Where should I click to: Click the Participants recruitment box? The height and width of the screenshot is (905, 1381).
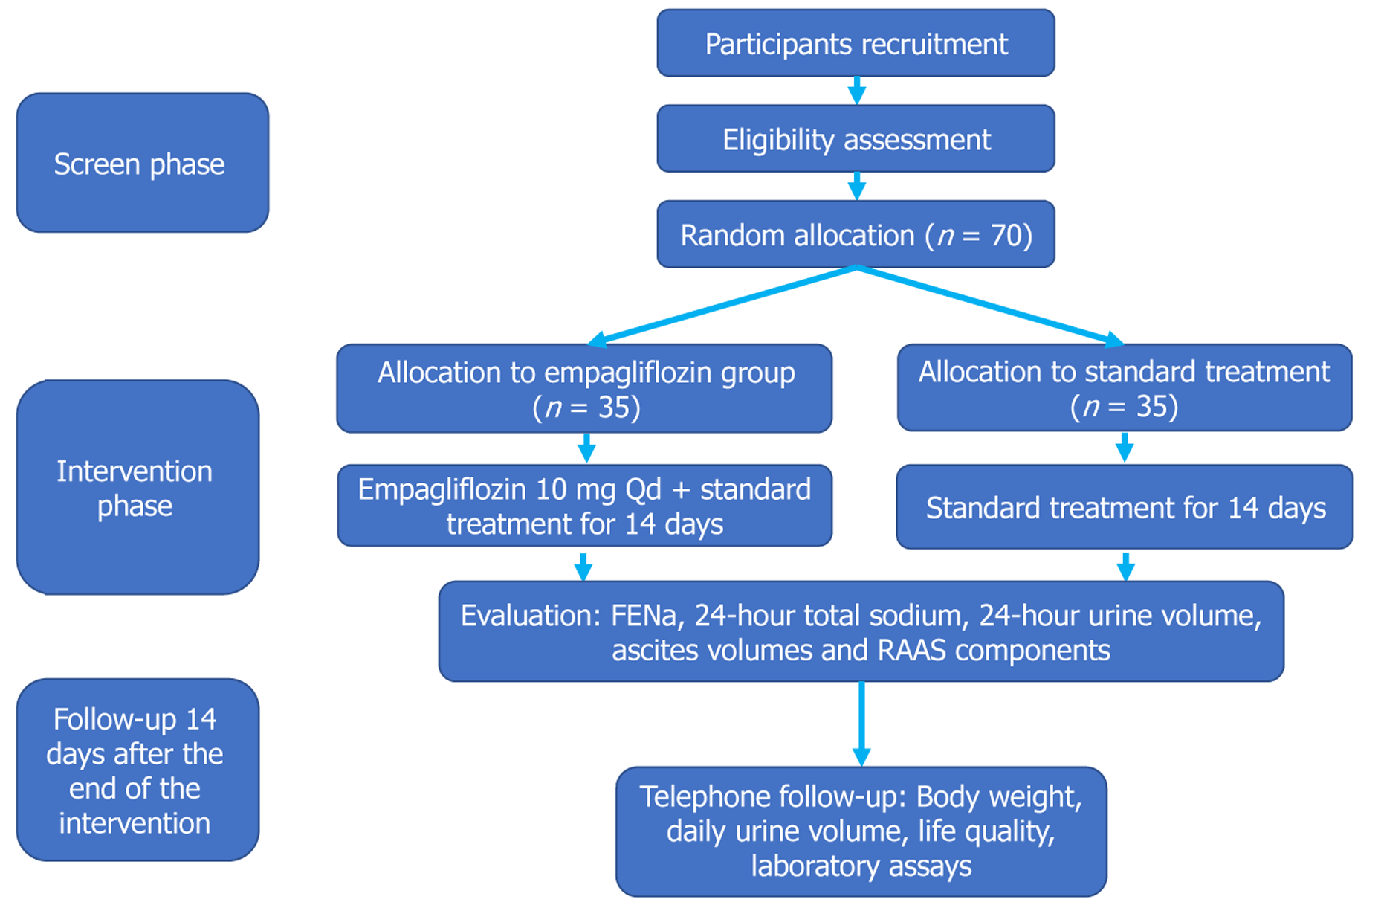click(x=856, y=43)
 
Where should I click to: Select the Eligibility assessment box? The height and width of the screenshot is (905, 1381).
click(x=856, y=139)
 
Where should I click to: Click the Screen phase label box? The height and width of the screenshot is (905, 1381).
click(x=142, y=163)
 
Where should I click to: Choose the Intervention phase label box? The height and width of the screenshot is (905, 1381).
click(x=138, y=487)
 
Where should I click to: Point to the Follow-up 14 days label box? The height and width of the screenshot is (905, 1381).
click(x=138, y=770)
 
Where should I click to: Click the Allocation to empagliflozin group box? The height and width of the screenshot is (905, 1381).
click(x=584, y=388)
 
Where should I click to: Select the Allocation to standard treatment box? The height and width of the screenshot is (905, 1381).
click(x=1125, y=387)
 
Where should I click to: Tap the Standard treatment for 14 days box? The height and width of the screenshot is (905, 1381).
click(x=1125, y=507)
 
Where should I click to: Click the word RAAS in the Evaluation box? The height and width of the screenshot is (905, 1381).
click(x=912, y=651)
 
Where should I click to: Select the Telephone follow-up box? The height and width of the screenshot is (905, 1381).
click(x=861, y=831)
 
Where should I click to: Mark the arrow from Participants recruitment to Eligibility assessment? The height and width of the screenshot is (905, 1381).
click(x=856, y=90)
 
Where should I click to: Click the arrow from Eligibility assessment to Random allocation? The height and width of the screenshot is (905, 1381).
click(x=856, y=186)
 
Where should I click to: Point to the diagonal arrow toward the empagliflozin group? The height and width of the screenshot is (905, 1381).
click(x=721, y=306)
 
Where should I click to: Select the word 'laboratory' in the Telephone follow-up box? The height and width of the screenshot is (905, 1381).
click(x=802, y=866)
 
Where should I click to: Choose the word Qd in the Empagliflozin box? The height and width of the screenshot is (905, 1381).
click(x=643, y=489)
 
